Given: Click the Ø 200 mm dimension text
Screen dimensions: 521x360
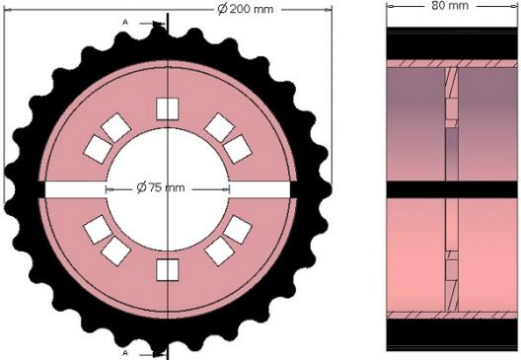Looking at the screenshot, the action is pyautogui.click(x=246, y=9).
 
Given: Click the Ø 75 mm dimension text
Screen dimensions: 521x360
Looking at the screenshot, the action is pyautogui.click(x=161, y=188).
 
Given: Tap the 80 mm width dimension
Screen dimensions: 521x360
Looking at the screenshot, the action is pyautogui.click(x=450, y=5).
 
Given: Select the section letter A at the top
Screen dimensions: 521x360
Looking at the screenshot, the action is pyautogui.click(x=125, y=23).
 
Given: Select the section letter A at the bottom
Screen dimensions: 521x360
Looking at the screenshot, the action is pyautogui.click(x=125, y=353).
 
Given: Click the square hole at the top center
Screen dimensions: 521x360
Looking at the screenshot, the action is pyautogui.click(x=168, y=108).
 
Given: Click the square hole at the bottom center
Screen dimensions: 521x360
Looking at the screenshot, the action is pyautogui.click(x=168, y=269).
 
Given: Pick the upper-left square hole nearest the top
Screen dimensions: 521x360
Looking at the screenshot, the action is pyautogui.click(x=116, y=127).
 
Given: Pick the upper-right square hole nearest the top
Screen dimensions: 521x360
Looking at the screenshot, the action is pyautogui.click(x=219, y=127).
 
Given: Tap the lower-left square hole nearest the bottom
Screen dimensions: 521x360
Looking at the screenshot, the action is pyautogui.click(x=116, y=252).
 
